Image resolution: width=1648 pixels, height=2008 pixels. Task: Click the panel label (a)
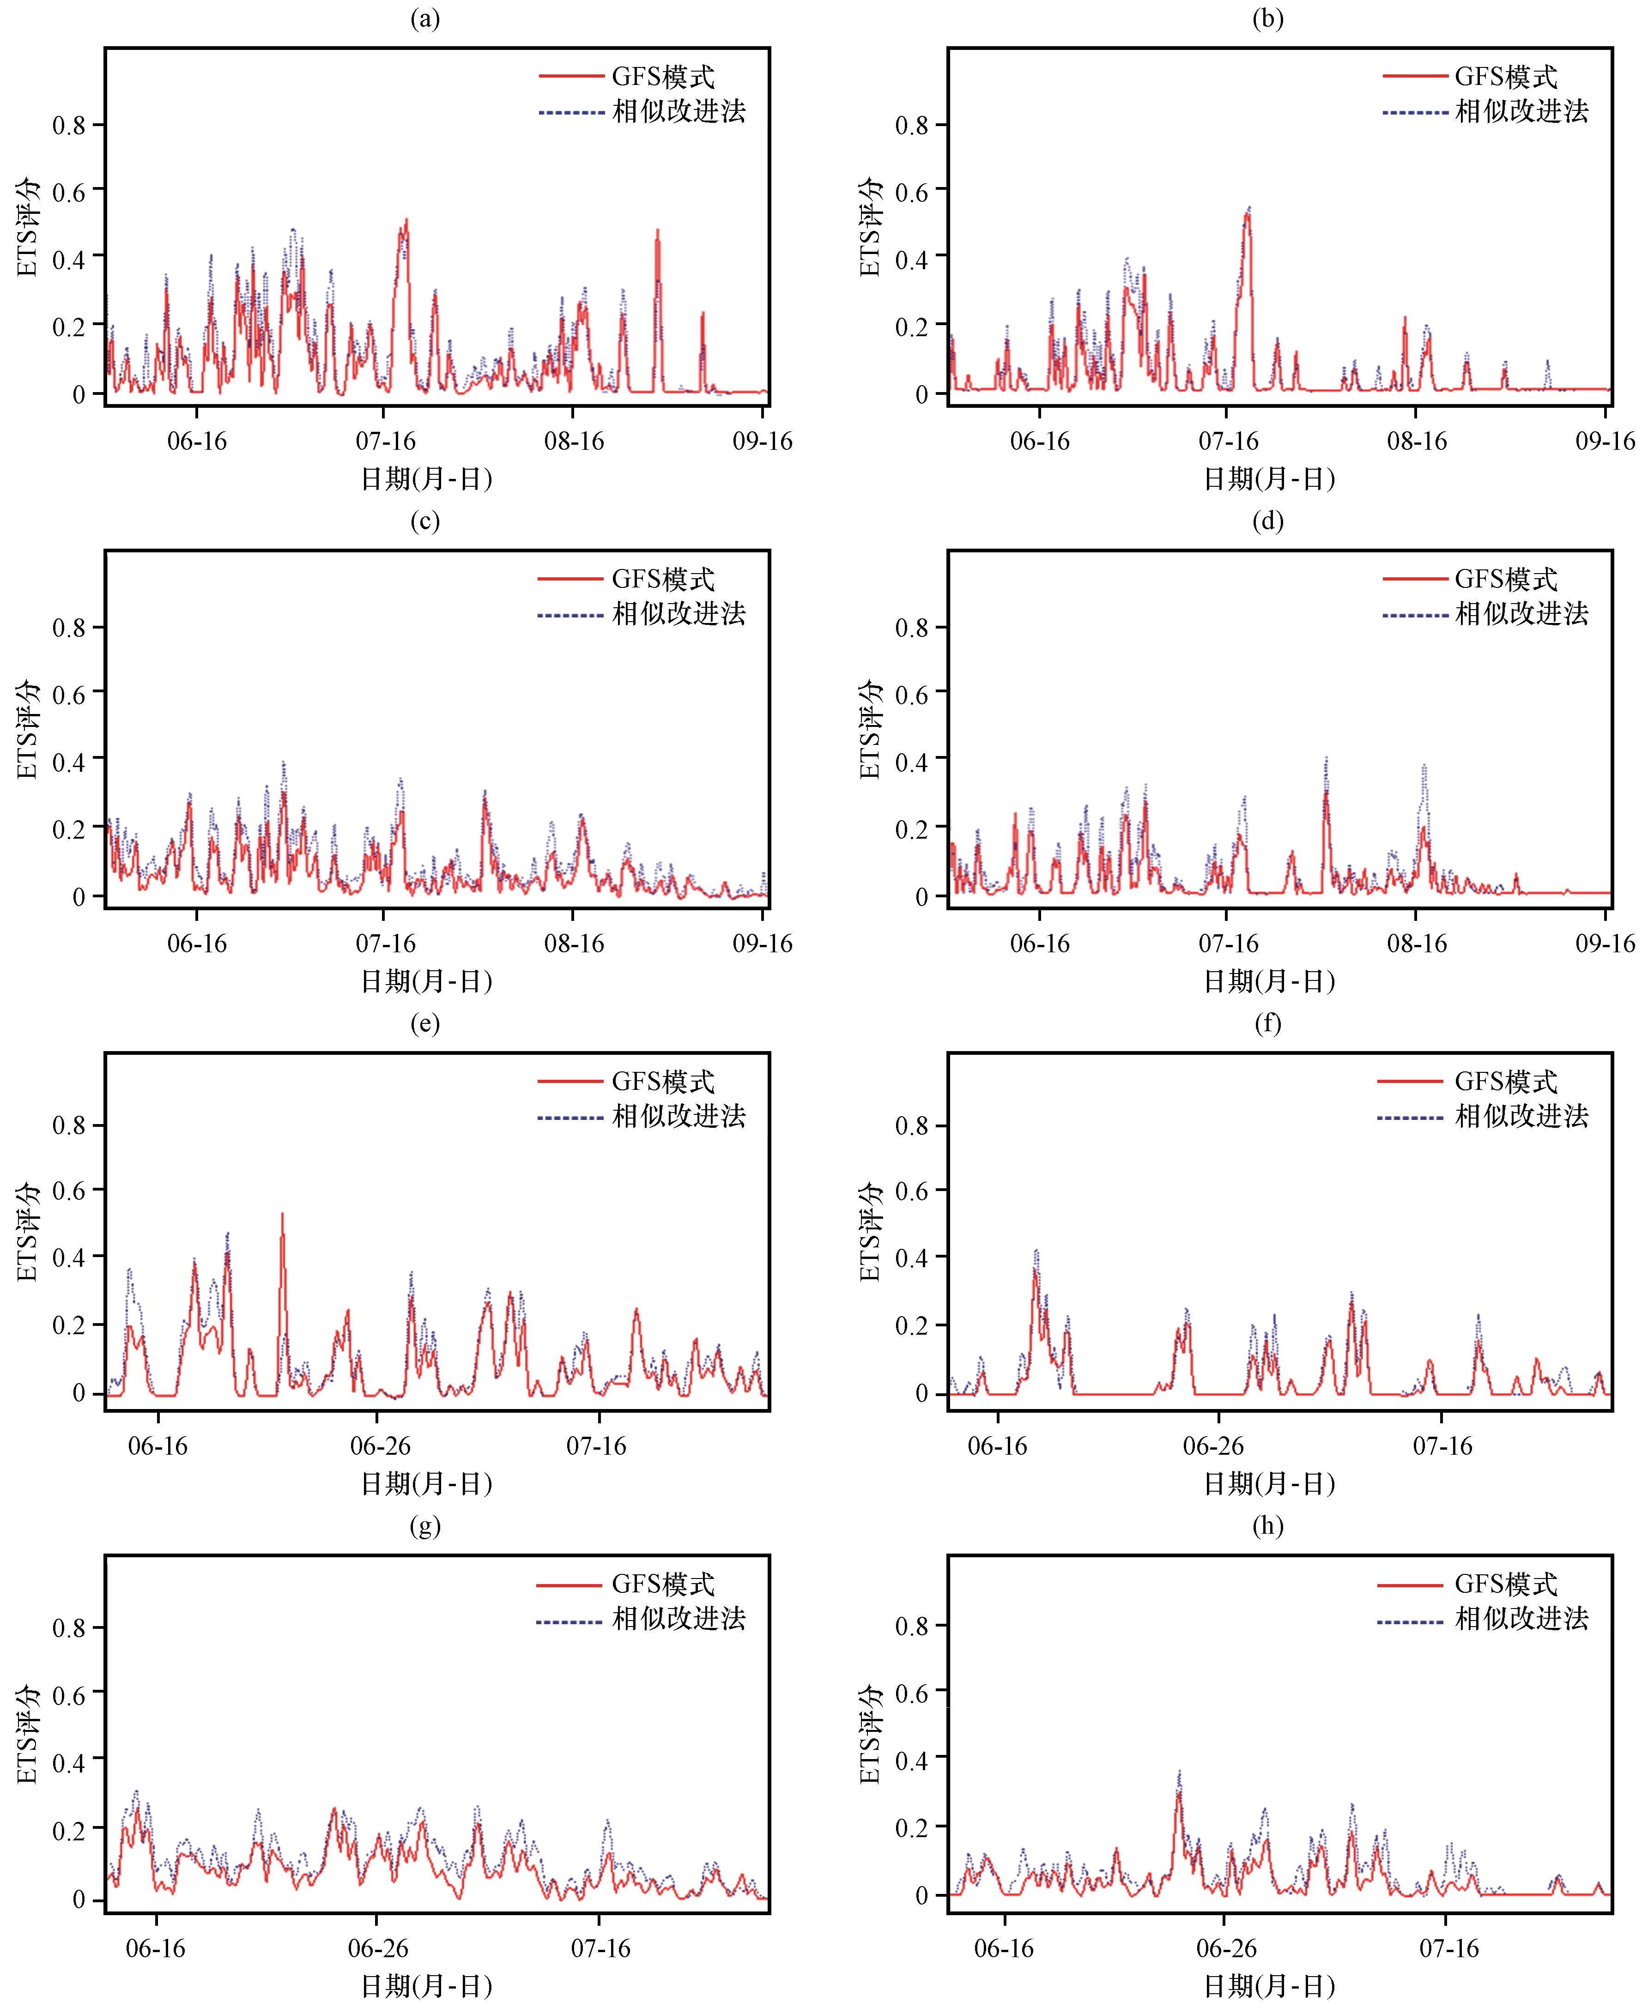(424, 19)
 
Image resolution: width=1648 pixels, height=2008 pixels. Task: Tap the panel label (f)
(1267, 1024)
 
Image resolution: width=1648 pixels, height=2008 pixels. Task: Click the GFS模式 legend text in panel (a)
(663, 77)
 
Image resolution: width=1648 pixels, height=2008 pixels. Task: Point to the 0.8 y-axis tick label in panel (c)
(68, 628)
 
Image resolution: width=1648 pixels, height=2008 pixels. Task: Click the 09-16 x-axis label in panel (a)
(762, 441)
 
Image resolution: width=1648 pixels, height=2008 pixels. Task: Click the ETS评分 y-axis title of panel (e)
(28, 1232)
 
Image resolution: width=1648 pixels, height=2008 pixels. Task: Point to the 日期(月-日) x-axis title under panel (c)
(426, 981)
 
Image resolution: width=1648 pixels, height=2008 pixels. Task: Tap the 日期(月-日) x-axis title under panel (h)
(1269, 1986)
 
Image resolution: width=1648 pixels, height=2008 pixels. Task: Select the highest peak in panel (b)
(1248, 209)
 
